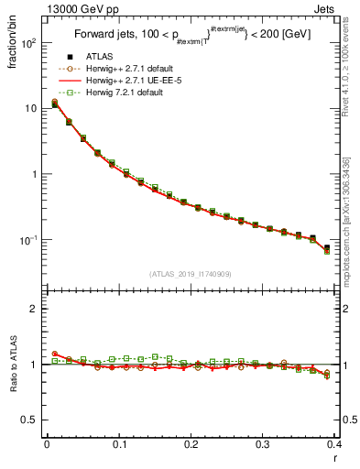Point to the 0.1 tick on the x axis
(x=119, y=444)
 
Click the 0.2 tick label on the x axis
(x=191, y=444)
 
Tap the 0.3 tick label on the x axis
(x=263, y=444)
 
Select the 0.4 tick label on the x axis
(x=334, y=444)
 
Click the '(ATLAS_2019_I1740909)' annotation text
(x=191, y=274)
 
